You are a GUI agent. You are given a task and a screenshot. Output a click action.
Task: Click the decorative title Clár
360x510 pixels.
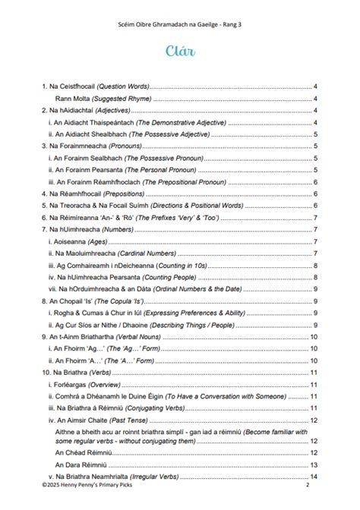pyautogui.click(x=180, y=51)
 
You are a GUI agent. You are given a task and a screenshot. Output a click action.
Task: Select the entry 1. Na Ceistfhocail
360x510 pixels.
pyautogui.click(x=95, y=87)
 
